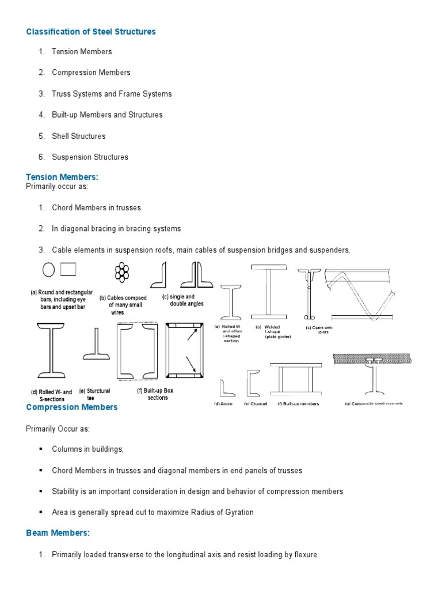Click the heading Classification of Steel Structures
(x=91, y=32)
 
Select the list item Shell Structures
(x=78, y=136)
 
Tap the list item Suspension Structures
(x=90, y=157)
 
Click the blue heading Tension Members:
(x=62, y=177)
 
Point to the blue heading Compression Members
(x=71, y=407)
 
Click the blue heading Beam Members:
(x=58, y=533)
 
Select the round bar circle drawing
(x=48, y=270)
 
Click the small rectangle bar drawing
(x=68, y=269)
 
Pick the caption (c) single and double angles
(x=182, y=300)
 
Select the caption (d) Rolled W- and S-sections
(x=51, y=395)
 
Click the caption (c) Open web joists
(x=318, y=330)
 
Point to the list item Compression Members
(x=91, y=73)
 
